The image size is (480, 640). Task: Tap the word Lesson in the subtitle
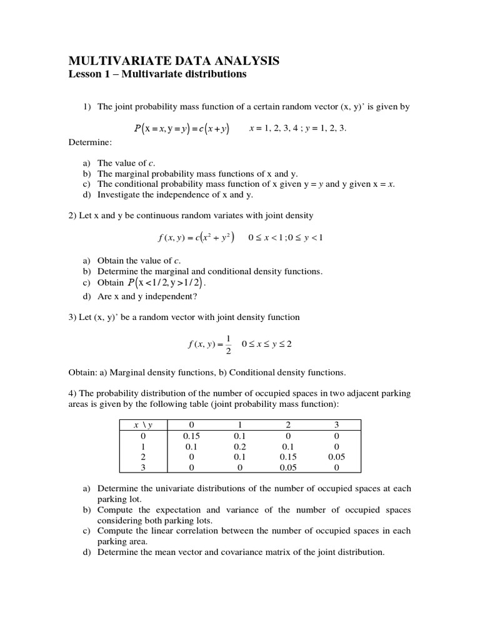(x=84, y=74)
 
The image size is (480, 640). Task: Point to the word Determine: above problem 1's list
(x=89, y=142)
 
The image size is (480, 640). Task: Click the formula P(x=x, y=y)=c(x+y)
(x=181, y=129)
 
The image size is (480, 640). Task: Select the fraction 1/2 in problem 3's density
(x=228, y=343)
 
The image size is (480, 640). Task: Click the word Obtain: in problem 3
(x=82, y=372)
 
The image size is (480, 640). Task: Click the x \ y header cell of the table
(x=143, y=425)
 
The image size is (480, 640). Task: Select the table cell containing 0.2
(x=239, y=447)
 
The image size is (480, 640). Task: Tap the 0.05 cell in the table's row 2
(x=336, y=457)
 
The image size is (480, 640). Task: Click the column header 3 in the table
(x=336, y=425)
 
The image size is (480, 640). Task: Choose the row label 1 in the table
(x=143, y=447)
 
